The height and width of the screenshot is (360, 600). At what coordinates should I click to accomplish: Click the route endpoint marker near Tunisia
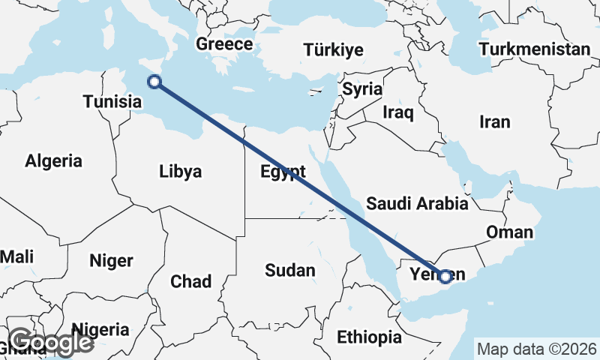(x=154, y=82)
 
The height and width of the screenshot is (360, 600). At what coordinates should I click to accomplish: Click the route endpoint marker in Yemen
(x=445, y=277)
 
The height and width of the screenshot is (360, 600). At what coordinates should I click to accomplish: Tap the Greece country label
(x=224, y=44)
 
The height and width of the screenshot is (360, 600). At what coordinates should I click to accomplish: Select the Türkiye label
(x=334, y=50)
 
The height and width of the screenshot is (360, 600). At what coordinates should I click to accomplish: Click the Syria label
(x=362, y=88)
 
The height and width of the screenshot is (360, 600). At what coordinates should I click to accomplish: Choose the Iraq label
(x=398, y=112)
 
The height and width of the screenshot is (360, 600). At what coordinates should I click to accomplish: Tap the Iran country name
(x=494, y=121)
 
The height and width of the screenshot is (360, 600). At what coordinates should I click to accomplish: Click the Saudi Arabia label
(x=417, y=203)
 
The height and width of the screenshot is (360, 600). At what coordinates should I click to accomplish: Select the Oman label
(x=509, y=232)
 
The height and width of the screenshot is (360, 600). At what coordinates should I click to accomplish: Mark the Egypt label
(x=283, y=170)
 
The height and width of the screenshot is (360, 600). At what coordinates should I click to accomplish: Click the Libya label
(x=181, y=172)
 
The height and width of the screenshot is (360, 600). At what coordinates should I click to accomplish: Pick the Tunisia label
(x=112, y=101)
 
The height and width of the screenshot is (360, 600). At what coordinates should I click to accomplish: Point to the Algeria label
(x=53, y=160)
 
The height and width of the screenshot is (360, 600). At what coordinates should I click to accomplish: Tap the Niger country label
(x=111, y=261)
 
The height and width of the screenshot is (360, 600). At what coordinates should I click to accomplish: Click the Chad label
(x=190, y=281)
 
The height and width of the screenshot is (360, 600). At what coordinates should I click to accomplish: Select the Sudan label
(x=290, y=270)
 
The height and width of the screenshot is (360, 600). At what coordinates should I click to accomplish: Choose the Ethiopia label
(x=369, y=337)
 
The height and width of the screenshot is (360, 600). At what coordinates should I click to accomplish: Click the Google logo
(x=50, y=342)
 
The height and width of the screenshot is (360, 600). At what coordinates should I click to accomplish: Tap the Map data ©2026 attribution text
(x=536, y=349)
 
